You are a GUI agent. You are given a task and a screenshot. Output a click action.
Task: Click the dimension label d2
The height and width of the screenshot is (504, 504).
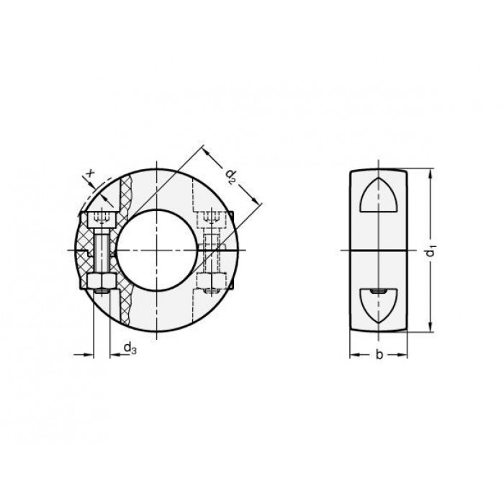[x=231, y=176]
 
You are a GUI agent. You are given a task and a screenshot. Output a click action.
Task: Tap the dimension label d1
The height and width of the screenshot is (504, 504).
[x=431, y=251]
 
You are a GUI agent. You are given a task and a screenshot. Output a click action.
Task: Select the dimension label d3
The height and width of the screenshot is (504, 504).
[x=130, y=348]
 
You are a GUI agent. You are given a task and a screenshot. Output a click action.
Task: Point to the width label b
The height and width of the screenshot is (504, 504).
[x=379, y=354]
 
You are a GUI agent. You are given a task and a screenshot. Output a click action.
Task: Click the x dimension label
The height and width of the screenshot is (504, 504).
[x=91, y=174]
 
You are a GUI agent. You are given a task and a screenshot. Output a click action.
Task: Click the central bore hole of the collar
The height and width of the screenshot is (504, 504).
[x=157, y=251]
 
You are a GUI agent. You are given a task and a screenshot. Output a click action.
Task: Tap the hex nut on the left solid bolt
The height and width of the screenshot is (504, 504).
[x=102, y=281]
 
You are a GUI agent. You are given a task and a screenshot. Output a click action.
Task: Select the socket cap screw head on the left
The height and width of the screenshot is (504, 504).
[x=102, y=220]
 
